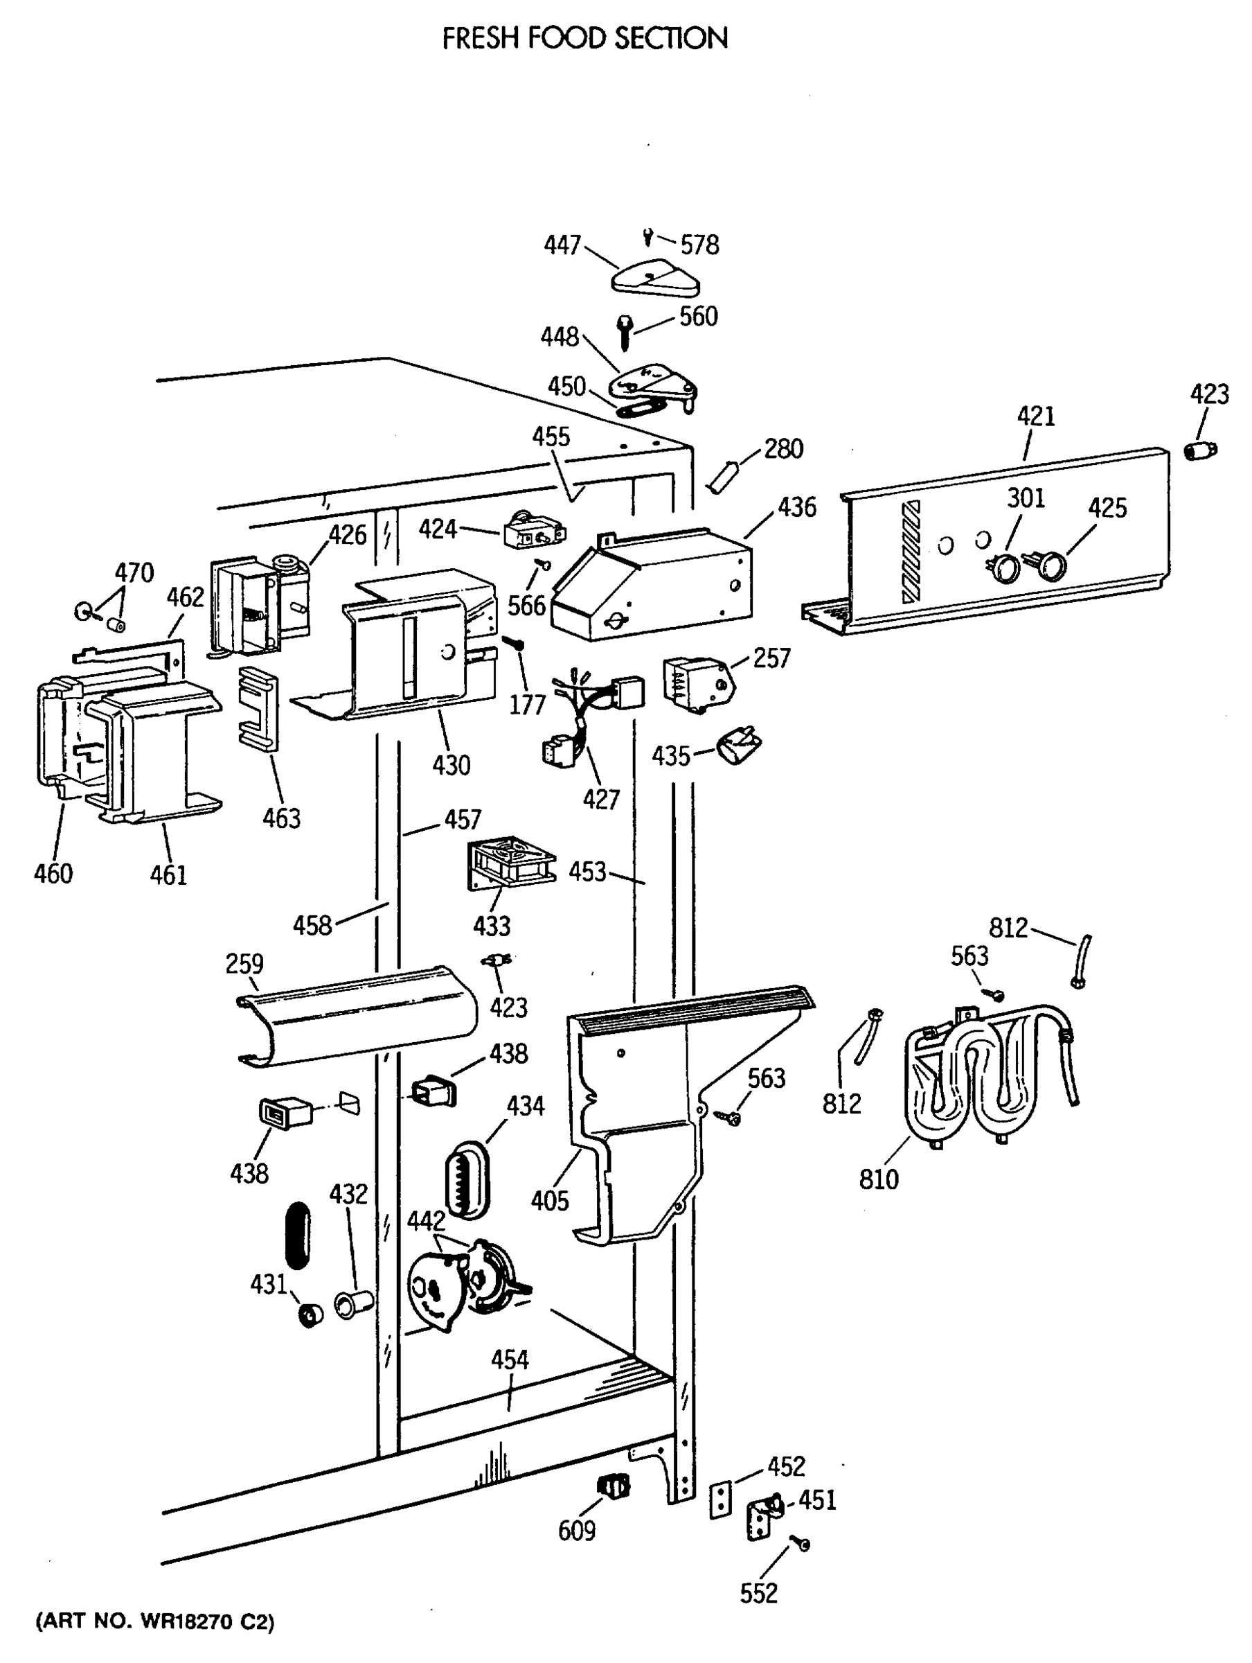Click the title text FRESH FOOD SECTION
(584, 37)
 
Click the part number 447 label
(562, 245)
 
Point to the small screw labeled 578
(647, 238)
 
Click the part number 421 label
(1035, 416)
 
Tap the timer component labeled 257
(696, 683)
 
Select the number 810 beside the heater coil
(879, 1178)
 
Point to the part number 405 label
(549, 1200)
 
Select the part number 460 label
(53, 874)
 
